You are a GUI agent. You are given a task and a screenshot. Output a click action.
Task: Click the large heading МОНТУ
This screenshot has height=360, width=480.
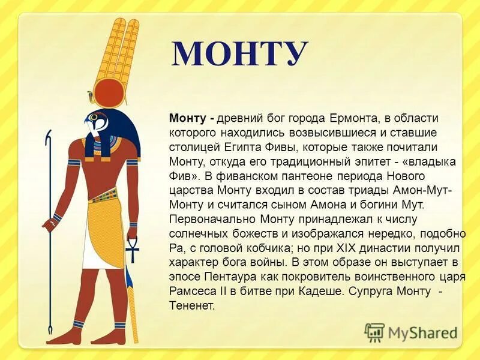(x=240, y=55)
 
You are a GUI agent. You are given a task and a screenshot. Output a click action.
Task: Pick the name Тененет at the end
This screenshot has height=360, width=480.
(x=191, y=305)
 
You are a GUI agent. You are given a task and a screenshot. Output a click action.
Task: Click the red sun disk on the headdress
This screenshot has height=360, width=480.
(x=108, y=94)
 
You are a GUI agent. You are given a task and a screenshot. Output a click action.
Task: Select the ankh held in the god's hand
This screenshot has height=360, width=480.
(x=131, y=247)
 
